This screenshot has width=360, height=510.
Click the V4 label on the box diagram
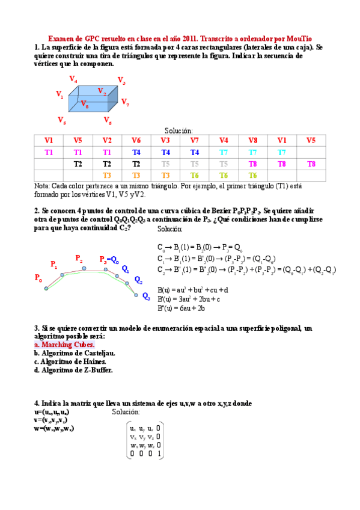[73, 79]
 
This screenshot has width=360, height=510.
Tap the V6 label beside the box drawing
[108, 121]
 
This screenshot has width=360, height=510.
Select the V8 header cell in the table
[252, 141]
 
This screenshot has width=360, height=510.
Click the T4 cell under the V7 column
[194, 152]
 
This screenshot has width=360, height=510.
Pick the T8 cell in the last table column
[311, 164]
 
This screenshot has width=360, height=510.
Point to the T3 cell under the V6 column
[136, 175]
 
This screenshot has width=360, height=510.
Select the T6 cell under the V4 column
[224, 175]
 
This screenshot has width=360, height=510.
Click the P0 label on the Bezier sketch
[38, 279]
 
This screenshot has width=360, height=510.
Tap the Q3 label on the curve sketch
[146, 296]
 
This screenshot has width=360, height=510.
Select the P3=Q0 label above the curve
[109, 260]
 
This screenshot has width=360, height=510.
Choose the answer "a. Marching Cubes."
[64, 345]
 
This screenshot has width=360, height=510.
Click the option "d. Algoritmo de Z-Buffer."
[73, 370]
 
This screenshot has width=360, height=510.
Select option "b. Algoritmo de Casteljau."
[75, 353]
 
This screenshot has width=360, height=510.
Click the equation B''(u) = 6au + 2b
[182, 309]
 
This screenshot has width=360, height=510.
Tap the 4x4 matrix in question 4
[145, 441]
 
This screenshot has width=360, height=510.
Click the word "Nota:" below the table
[42, 186]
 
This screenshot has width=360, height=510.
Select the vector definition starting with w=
[55, 428]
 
